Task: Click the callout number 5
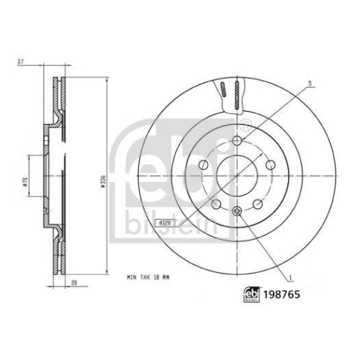tap(310, 84)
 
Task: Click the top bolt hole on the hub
tap(238, 140)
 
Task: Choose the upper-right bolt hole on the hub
tap(271, 165)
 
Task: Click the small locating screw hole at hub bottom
tap(238, 210)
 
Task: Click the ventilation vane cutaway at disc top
tap(231, 94)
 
